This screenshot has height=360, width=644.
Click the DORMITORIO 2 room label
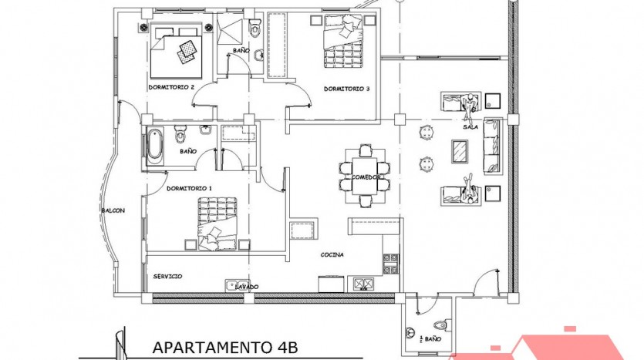[x=171, y=87]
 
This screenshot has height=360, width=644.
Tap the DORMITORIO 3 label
[x=347, y=89]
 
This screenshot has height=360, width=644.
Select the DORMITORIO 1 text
[x=189, y=188]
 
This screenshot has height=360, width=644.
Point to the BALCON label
[x=113, y=210]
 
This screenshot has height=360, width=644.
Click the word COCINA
[x=332, y=255]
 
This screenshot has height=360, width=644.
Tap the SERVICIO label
[x=167, y=277]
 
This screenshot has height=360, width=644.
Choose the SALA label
[x=470, y=127]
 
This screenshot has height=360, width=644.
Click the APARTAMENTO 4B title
[x=224, y=347]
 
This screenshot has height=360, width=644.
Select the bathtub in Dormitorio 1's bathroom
[x=155, y=146]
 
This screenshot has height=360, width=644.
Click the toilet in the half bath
[x=440, y=325]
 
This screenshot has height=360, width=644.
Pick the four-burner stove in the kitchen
[x=390, y=264]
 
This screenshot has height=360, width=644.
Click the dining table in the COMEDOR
[x=366, y=176]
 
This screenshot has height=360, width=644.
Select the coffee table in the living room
[x=460, y=151]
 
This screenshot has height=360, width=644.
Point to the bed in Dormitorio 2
[x=177, y=51]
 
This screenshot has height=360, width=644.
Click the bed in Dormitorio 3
[x=344, y=41]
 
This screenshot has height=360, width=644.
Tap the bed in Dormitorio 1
[x=217, y=224]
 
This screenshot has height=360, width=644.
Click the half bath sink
[x=410, y=332]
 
